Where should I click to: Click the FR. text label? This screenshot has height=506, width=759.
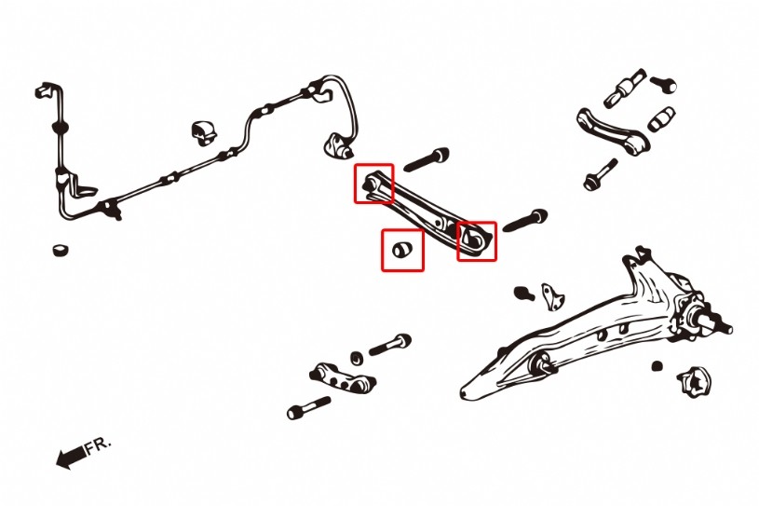[x=99, y=446]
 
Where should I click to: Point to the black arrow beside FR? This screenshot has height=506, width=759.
[x=71, y=458]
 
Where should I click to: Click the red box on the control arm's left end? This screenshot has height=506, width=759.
[x=373, y=184]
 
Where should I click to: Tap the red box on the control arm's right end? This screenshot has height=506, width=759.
[x=477, y=241]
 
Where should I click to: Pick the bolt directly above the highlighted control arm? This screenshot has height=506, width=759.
[x=427, y=159]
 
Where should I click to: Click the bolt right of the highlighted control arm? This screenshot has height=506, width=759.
[x=525, y=220]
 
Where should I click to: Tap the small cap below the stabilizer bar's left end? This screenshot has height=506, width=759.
[x=61, y=251]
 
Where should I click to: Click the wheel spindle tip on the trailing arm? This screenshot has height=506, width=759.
[x=725, y=328]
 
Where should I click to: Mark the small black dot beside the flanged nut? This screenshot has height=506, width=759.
[x=657, y=366]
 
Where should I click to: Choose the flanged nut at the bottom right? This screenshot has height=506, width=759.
[x=694, y=381]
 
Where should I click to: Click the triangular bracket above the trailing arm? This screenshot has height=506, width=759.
[x=553, y=296]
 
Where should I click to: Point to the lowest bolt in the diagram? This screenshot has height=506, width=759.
[x=309, y=408]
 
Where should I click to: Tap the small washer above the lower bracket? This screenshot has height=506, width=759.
[x=358, y=358]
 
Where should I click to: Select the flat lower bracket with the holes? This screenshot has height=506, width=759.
[x=343, y=377]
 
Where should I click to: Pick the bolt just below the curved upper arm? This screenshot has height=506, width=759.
[x=601, y=174]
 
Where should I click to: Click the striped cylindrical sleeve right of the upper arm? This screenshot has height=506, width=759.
[x=661, y=118]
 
